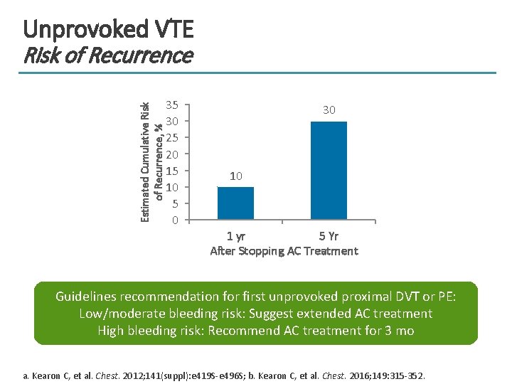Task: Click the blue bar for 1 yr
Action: pos(235,203)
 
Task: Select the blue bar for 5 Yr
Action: pos(329,170)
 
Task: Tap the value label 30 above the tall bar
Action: pos(329,110)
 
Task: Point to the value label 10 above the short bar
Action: pos(235,176)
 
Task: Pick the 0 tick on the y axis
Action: pos(175,220)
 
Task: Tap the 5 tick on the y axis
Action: pos(175,203)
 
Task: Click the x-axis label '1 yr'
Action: pos(236,236)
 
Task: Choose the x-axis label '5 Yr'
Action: pos(329,236)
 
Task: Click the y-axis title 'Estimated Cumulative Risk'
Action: pos(145,162)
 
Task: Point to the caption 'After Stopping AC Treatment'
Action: pos(284,251)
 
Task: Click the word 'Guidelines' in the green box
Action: pos(86,296)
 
